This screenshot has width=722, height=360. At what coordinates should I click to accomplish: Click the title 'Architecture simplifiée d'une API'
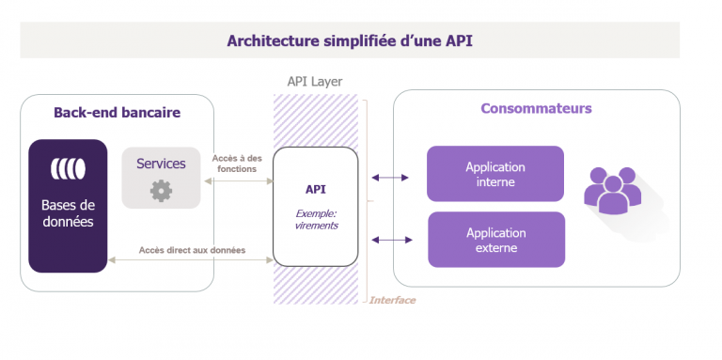point(349,41)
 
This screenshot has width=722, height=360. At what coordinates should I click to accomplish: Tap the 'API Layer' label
point(315,82)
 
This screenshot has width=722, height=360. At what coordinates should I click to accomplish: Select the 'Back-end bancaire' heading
point(117,113)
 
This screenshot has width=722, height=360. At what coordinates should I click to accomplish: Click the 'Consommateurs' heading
point(536,108)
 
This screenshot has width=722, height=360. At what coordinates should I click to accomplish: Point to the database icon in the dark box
point(68,169)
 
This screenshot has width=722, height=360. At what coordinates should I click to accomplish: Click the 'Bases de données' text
point(68,213)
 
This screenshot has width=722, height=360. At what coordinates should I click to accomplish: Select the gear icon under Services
point(161,191)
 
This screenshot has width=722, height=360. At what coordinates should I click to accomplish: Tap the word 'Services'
point(161,164)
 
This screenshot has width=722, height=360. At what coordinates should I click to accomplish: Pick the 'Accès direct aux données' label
point(192,250)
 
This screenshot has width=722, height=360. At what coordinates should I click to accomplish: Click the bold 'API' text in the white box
point(315,188)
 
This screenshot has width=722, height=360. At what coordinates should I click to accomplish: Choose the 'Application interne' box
point(495,174)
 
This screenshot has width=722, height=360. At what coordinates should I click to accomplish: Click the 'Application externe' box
point(495,240)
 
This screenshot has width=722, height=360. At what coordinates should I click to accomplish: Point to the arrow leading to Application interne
point(390,177)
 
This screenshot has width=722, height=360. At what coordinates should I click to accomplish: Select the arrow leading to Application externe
point(390,240)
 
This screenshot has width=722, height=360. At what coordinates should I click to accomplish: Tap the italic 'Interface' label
point(392,300)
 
